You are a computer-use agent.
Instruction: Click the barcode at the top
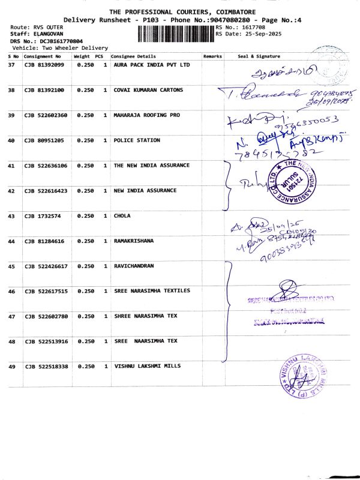175,34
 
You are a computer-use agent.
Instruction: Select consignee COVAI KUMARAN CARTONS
148,90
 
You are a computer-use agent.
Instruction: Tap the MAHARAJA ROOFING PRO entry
146,115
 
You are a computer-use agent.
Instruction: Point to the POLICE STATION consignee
137,140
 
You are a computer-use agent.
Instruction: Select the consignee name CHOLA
122,216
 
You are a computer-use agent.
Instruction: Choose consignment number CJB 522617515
46,292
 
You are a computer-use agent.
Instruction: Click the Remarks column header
212,56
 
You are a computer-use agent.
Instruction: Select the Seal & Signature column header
259,56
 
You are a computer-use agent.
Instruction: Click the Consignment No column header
42,56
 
